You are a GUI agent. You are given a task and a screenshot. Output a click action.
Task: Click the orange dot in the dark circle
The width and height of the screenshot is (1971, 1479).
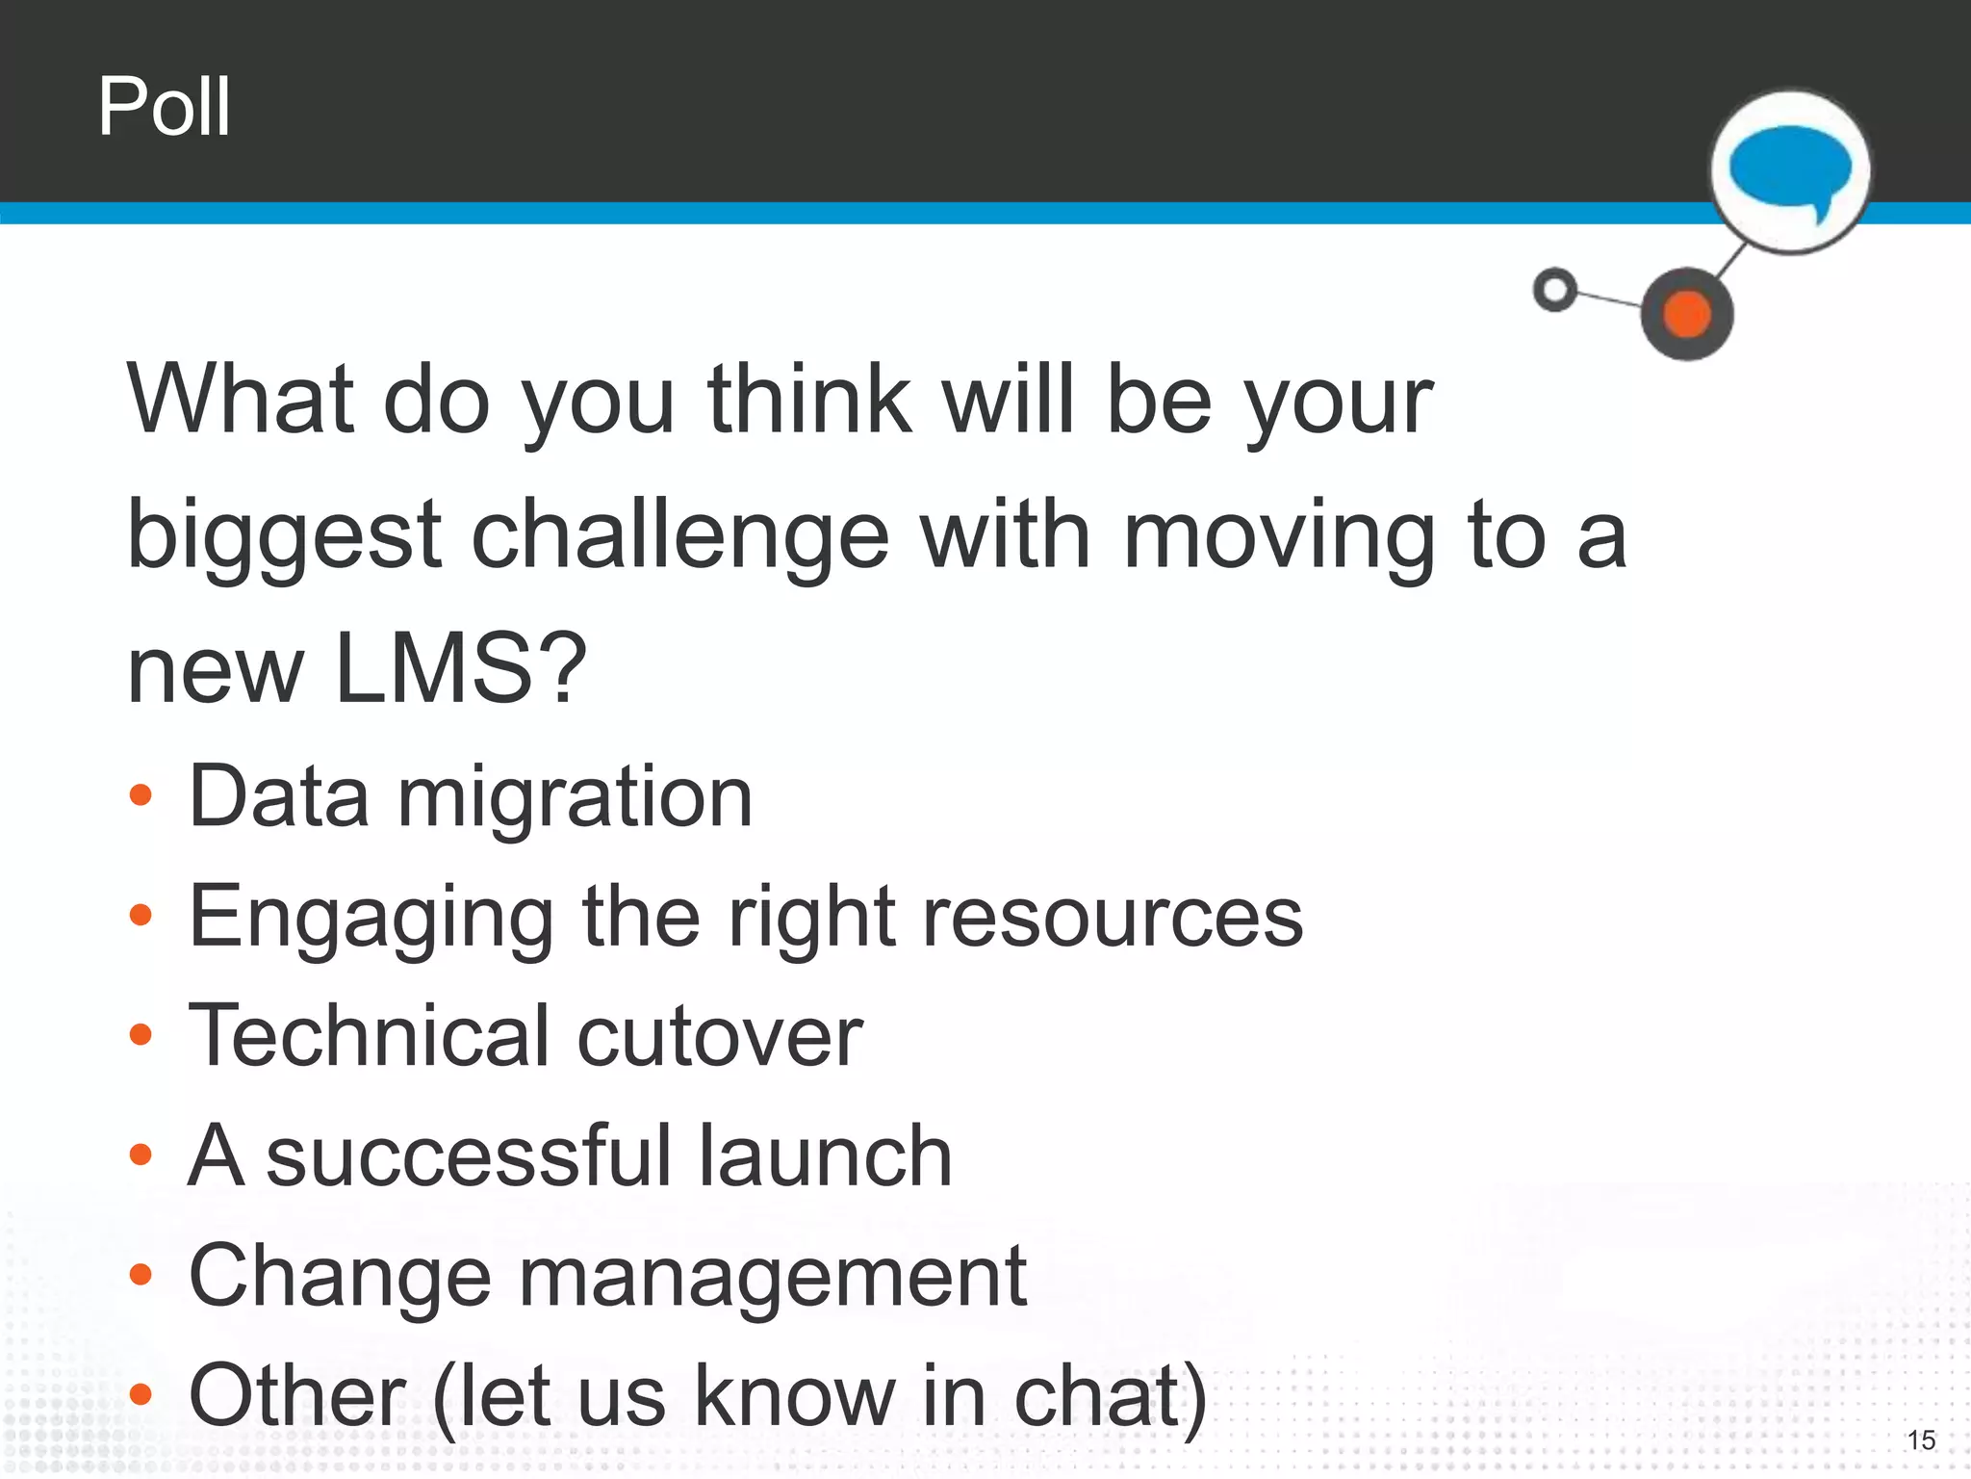(1687, 314)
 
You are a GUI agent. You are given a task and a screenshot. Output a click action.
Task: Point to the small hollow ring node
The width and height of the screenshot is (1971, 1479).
(1554, 289)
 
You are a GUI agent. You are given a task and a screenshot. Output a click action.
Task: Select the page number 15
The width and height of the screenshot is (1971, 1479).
(1921, 1440)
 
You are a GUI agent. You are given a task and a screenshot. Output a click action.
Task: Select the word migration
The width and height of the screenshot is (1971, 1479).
(575, 796)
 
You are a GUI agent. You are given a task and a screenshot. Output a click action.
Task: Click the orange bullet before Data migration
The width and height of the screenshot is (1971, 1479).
(141, 795)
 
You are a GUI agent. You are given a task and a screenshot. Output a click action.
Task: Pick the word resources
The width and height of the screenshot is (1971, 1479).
(1112, 917)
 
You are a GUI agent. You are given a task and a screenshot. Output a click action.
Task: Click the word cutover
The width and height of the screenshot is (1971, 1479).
(719, 1036)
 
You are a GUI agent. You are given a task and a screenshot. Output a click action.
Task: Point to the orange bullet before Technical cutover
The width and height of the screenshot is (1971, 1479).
(141, 1035)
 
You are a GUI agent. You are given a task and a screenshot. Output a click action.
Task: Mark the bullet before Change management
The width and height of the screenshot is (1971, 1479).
(141, 1275)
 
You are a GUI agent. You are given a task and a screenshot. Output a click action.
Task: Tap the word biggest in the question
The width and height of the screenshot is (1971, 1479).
(284, 537)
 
